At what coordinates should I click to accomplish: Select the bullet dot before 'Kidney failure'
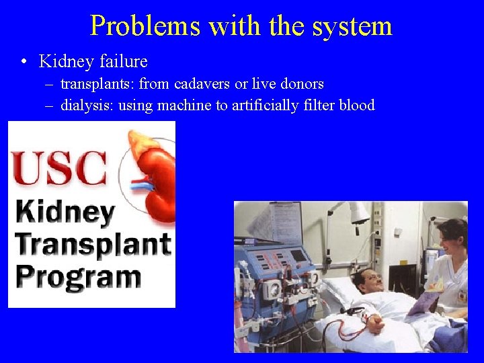[x=24, y=63]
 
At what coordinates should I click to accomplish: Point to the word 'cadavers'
[x=202, y=84]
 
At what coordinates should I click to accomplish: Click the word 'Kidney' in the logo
[x=65, y=213]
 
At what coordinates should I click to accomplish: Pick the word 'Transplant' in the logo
[x=92, y=244]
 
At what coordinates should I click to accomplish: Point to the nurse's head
[x=452, y=235]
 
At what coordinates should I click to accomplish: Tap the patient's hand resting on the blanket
[x=373, y=321]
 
